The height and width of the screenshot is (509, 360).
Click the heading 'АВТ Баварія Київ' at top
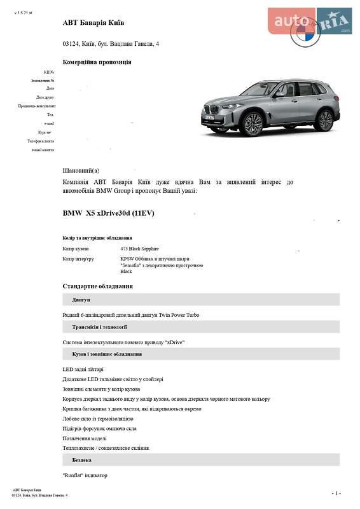coord(93,23)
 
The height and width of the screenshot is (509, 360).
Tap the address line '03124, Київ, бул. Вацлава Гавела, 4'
coord(111,44)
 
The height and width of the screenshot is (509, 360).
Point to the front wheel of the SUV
coord(253,124)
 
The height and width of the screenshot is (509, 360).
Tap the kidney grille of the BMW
coord(215,115)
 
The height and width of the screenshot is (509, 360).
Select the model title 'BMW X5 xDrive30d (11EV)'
coord(108,213)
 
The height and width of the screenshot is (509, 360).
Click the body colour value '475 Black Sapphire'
coord(139,249)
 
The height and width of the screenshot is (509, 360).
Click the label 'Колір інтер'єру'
coord(78,259)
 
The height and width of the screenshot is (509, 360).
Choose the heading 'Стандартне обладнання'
coord(97,286)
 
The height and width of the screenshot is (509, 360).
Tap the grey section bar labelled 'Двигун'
coord(81,300)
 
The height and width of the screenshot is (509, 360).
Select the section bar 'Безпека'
coord(81,459)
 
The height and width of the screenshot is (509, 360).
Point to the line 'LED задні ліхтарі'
coord(83,369)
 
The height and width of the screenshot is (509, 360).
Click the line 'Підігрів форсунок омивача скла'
coord(99,428)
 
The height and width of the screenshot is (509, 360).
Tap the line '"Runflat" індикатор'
coord(85,475)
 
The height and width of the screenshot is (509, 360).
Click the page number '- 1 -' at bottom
coord(336,493)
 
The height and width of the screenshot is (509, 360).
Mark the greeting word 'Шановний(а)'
coord(81,171)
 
